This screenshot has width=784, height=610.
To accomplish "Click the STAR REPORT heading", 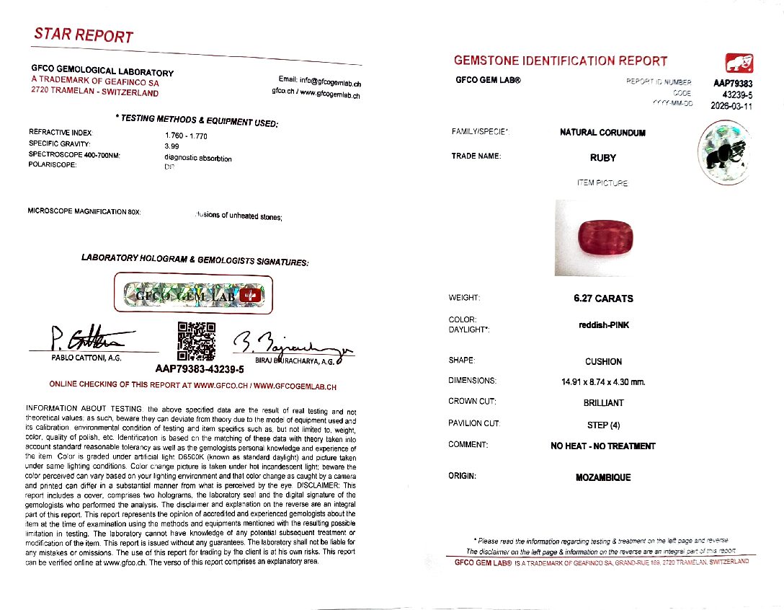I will tap(83, 35).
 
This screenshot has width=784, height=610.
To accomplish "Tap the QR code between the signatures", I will tap(197, 340).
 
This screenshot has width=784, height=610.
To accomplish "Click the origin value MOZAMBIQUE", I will tap(603, 477).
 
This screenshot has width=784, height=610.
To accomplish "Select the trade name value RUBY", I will tap(602, 157).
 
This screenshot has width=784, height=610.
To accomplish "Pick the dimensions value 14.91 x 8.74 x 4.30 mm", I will tap(603, 381).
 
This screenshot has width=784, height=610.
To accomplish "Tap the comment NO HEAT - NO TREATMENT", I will tap(603, 446).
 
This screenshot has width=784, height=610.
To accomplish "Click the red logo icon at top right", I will tap(738, 63).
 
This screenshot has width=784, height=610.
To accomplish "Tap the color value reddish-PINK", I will tap(603, 325).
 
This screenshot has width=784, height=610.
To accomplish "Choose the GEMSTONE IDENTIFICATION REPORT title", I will tap(561, 61).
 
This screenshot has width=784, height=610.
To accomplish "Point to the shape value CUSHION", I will tap(603, 362).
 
